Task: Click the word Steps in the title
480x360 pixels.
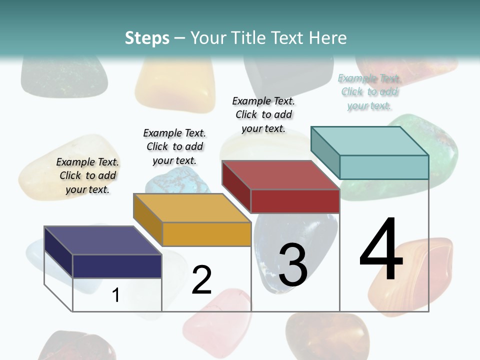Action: pyautogui.click(x=146, y=38)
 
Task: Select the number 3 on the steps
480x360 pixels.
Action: pyautogui.click(x=292, y=265)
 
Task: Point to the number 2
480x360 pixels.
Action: pyautogui.click(x=201, y=280)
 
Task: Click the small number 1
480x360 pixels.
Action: pyautogui.click(x=115, y=295)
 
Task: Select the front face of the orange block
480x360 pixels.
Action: pyautogui.click(x=206, y=234)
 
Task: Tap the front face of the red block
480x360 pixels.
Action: pyautogui.click(x=295, y=201)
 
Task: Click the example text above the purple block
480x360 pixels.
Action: pyautogui.click(x=87, y=175)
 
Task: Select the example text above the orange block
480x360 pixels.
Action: pyautogui.click(x=174, y=146)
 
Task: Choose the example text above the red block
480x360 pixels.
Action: pyautogui.click(x=263, y=114)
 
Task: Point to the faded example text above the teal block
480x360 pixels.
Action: pyautogui.click(x=369, y=91)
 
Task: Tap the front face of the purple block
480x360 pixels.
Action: pyautogui.click(x=117, y=266)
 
